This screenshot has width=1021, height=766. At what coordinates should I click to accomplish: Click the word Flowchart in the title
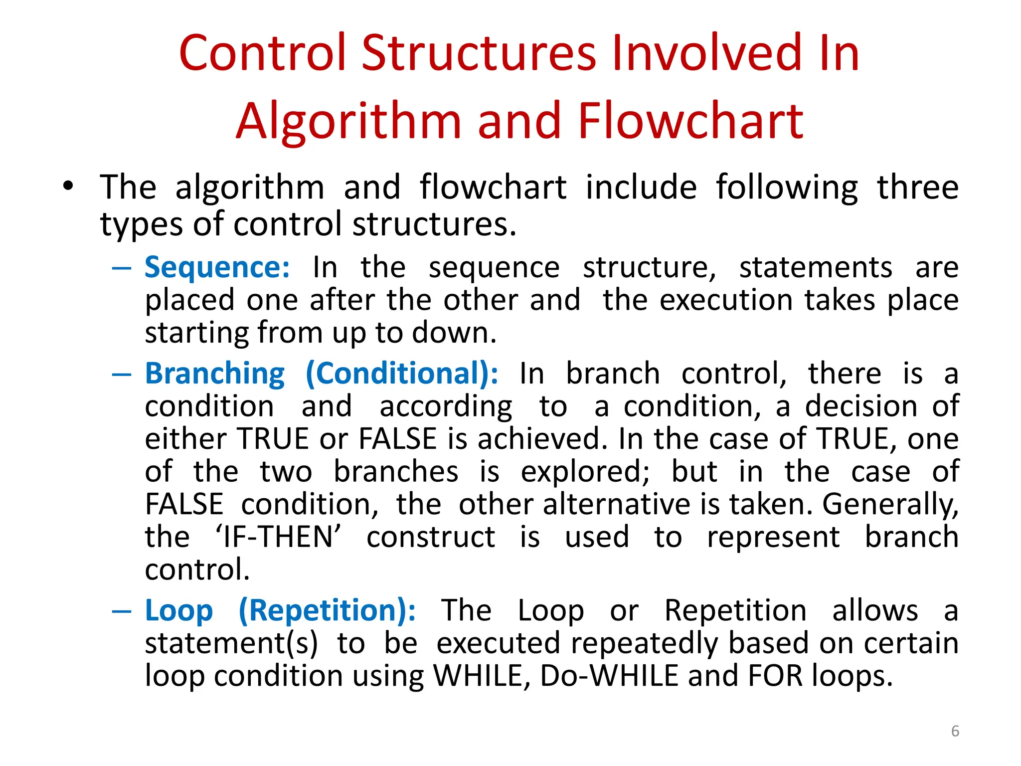coord(690,121)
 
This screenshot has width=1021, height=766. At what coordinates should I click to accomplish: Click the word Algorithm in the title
coord(349,122)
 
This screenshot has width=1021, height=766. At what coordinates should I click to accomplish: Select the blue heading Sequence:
coord(217,268)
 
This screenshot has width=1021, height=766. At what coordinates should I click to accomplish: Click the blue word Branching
coord(215,374)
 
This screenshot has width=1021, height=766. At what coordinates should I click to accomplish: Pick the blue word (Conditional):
coord(401,374)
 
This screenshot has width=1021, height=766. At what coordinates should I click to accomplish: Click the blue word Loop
coord(179,611)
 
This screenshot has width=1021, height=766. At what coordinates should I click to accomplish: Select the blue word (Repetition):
coord(327,611)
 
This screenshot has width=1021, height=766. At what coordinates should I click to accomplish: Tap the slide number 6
coord(955,731)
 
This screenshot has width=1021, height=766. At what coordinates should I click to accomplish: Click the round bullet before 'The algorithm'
coord(68,187)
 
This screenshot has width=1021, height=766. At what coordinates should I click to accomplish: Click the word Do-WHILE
coord(609,676)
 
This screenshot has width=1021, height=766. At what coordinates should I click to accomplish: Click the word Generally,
coord(890,505)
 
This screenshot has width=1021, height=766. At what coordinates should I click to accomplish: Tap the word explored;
coord(585,472)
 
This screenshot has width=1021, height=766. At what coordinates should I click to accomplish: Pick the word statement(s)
coord(231,643)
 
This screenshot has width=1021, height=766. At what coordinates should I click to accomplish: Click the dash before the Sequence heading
coord(122,268)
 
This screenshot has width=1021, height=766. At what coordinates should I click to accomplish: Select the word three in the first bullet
coord(917,188)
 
